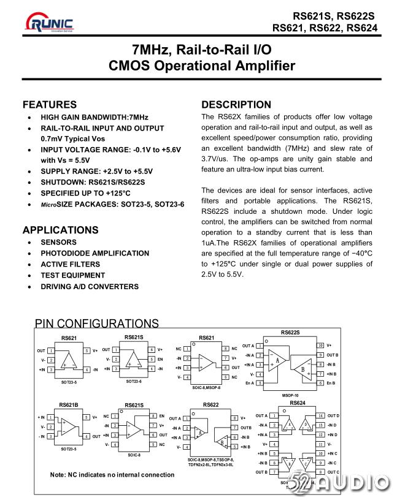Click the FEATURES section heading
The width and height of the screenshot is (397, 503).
pyautogui.click(x=50, y=105)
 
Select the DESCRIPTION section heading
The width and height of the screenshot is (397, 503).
pyautogui.click(x=236, y=105)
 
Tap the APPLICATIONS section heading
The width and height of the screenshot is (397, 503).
pyautogui.click(x=60, y=230)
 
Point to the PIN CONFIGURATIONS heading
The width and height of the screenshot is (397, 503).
pyautogui.click(x=96, y=324)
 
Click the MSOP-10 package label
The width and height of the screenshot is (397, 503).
pyautogui.click(x=291, y=396)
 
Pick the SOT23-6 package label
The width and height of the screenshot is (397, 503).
pyautogui.click(x=134, y=381)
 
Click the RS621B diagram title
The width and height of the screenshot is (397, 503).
pyautogui.click(x=69, y=404)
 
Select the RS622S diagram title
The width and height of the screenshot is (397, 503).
pyautogui.click(x=291, y=333)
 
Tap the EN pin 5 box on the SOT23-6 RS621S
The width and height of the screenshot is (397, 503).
pyautogui.click(x=152, y=359)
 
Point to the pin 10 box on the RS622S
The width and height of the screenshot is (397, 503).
pyautogui.click(x=320, y=346)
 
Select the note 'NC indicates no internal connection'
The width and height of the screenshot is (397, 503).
pyautogui.click(x=112, y=474)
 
